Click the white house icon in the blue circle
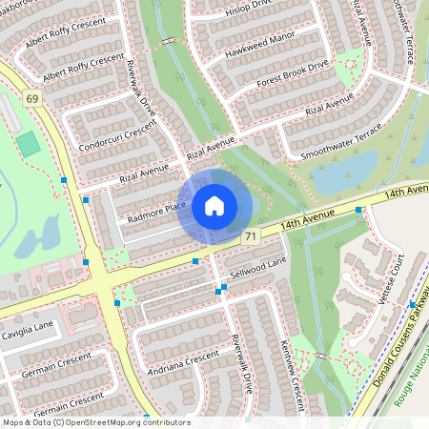pyautogui.click(x=214, y=206)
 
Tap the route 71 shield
pyautogui.click(x=250, y=235)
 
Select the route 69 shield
pyautogui.click(x=32, y=98)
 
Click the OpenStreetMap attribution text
pyautogui.click(x=96, y=422)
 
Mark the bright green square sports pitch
pyautogui.click(x=29, y=144)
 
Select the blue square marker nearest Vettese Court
pyautogui.click(x=412, y=304)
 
